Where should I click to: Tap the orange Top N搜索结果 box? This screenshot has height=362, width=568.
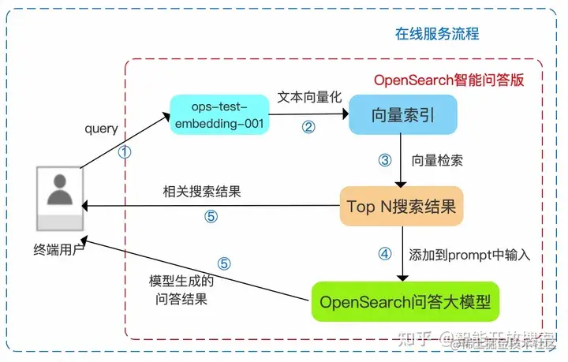[402, 207]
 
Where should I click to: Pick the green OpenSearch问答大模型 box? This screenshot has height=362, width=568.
[405, 301]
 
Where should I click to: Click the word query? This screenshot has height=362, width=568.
[100, 129]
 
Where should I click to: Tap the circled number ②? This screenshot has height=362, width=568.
[308, 125]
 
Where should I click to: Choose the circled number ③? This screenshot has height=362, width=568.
[385, 160]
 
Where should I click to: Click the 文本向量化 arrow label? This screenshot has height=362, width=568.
[309, 97]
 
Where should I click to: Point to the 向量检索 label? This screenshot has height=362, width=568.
[437, 160]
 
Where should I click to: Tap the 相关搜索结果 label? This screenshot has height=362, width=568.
[202, 192]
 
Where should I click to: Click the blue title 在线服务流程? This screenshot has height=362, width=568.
[436, 35]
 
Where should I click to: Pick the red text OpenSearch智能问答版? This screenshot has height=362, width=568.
[448, 80]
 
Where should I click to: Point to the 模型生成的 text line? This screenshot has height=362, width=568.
[181, 282]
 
